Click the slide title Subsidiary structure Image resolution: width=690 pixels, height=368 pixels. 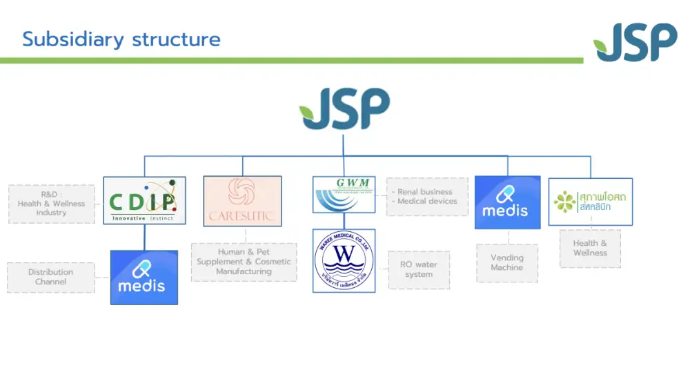pyautogui.click(x=121, y=39)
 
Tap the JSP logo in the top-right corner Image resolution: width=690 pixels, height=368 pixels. pyautogui.click(x=635, y=43)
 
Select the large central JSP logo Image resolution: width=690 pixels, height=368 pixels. pyautogui.click(x=344, y=109)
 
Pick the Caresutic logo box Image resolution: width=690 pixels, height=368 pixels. pyautogui.click(x=242, y=201)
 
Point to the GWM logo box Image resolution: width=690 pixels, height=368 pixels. pyautogui.click(x=344, y=195)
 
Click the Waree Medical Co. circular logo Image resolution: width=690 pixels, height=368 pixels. pyautogui.click(x=344, y=261)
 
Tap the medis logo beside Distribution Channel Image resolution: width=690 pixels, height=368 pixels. pyautogui.click(x=144, y=277)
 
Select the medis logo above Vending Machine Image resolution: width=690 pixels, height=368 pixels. pyautogui.click(x=507, y=202)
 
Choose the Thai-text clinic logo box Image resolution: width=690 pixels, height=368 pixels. pyautogui.click(x=590, y=202)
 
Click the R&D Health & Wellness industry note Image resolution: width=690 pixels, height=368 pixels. pyautogui.click(x=52, y=204)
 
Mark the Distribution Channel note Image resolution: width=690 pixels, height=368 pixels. pyautogui.click(x=51, y=277)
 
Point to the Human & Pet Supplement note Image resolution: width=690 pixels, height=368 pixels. pyautogui.click(x=244, y=262)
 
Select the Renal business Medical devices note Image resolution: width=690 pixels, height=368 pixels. pyautogui.click(x=427, y=197)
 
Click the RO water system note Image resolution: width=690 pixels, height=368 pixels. pyautogui.click(x=419, y=269)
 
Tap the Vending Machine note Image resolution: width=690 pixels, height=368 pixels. pyautogui.click(x=507, y=262)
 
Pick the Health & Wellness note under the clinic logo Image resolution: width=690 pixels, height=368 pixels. pyautogui.click(x=590, y=248)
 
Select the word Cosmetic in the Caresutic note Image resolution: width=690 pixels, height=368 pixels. pyautogui.click(x=274, y=262)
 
